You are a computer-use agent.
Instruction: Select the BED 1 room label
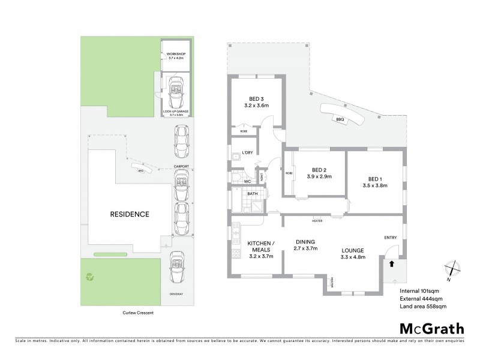point(374,178)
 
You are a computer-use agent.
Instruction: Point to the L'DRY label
point(247,152)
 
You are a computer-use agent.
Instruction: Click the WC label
point(247,181)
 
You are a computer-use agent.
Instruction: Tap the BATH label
point(253,194)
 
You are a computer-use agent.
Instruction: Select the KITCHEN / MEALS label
point(260,246)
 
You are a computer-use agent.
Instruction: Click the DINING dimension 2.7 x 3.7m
point(305,248)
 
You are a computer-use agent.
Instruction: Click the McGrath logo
point(431,328)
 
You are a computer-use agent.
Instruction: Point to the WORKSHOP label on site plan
point(176,55)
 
